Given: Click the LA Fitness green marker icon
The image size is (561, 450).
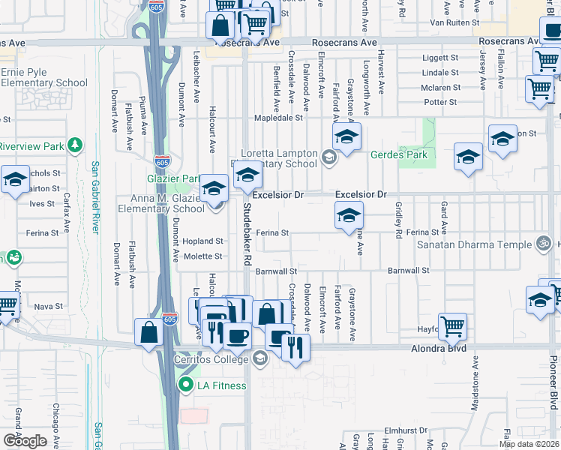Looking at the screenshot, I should tap(185, 385).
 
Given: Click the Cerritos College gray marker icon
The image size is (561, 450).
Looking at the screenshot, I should tap(259, 358).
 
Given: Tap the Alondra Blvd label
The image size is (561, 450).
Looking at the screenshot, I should tap(438, 349).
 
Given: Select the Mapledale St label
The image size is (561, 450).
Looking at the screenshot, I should tap(278, 118).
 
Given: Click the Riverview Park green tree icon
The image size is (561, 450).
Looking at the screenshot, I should tap(74, 145).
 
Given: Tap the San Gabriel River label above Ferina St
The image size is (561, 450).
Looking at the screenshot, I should tap(95, 197).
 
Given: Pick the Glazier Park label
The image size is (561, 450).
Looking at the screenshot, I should tap(174, 179).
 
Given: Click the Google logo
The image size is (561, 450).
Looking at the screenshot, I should tap(25, 441).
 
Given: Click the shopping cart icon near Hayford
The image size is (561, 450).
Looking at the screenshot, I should tap(452, 326).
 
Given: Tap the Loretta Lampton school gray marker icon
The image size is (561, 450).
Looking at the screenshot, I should tap(328, 157).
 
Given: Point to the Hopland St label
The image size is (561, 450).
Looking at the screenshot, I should tap(202, 241).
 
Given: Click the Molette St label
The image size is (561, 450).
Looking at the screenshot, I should tap(203, 256).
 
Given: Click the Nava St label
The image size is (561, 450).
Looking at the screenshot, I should tap(48, 306).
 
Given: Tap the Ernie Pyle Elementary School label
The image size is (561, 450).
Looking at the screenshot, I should tap(44, 76).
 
